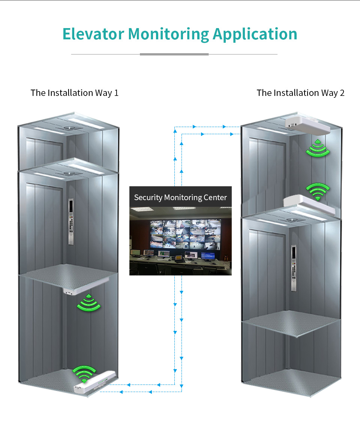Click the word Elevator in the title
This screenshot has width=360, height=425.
click(x=93, y=34)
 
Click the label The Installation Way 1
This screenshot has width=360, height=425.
click(x=75, y=93)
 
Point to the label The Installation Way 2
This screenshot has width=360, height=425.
click(x=300, y=93)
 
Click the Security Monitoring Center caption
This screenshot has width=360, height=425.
click(x=180, y=197)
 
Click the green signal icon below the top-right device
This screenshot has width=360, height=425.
click(x=318, y=148)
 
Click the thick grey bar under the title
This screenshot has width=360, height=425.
click(x=174, y=54)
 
